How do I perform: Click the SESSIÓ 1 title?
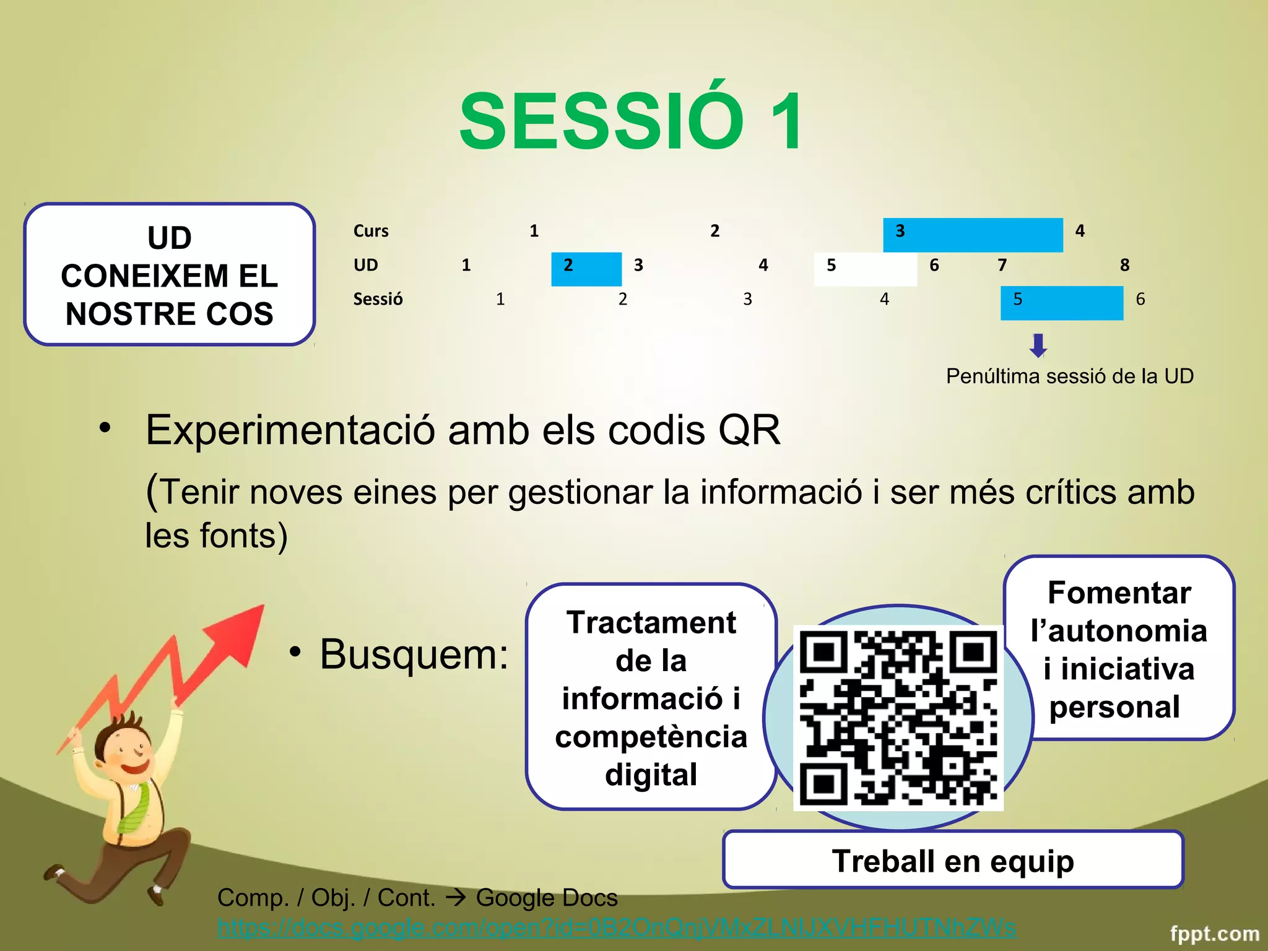pyautogui.click(x=632, y=121)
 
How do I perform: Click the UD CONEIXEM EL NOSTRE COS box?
pyautogui.click(x=170, y=275)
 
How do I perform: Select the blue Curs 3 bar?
pyautogui.click(x=973, y=235)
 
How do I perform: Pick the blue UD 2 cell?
pyautogui.click(x=586, y=269)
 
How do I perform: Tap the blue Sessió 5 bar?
pyautogui.click(x=1061, y=303)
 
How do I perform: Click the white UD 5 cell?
pyautogui.click(x=865, y=269)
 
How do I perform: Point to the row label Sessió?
pyautogui.click(x=378, y=299)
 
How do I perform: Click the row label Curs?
pyautogui.click(x=371, y=231)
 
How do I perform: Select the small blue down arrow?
pyautogui.click(x=1038, y=345)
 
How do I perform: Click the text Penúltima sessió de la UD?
pyautogui.click(x=1069, y=376)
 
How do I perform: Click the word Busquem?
pyautogui.click(x=414, y=654)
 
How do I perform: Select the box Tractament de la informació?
pyautogui.click(x=651, y=697)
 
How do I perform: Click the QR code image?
pyautogui.click(x=898, y=717)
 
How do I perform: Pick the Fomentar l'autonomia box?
pyautogui.click(x=1119, y=649)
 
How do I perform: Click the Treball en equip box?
pyautogui.click(x=952, y=861)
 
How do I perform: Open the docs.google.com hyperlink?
pyautogui.click(x=616, y=927)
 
